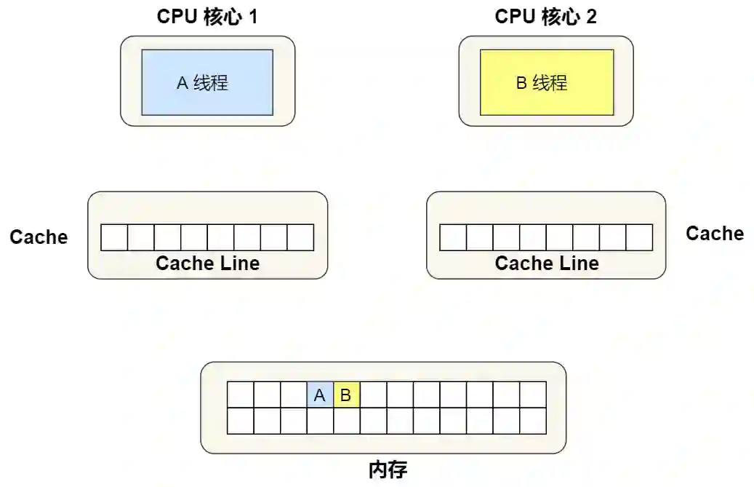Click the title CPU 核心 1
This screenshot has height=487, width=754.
point(207,17)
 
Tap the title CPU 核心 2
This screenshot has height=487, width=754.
point(545,17)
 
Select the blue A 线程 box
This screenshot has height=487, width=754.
point(207,82)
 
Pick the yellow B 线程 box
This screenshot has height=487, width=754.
point(546,82)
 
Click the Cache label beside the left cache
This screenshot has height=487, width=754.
point(39,237)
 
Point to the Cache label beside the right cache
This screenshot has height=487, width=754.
point(715,233)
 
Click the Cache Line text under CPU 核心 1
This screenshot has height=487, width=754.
point(207,263)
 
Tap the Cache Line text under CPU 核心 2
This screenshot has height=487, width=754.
point(547,263)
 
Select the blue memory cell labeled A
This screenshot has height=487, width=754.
point(320,395)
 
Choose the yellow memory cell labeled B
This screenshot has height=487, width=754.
point(347,395)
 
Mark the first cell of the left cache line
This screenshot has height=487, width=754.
point(114,237)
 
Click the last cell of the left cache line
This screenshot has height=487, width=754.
point(300,237)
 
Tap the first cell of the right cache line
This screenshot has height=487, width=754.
point(453,237)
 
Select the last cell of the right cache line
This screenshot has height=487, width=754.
point(639,237)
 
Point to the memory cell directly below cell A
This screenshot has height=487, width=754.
point(320,421)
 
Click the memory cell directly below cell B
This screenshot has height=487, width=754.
point(347,421)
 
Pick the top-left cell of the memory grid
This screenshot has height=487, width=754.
point(241,395)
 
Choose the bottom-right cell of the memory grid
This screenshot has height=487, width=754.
point(533,421)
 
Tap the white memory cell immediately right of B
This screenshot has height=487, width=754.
point(374,395)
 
